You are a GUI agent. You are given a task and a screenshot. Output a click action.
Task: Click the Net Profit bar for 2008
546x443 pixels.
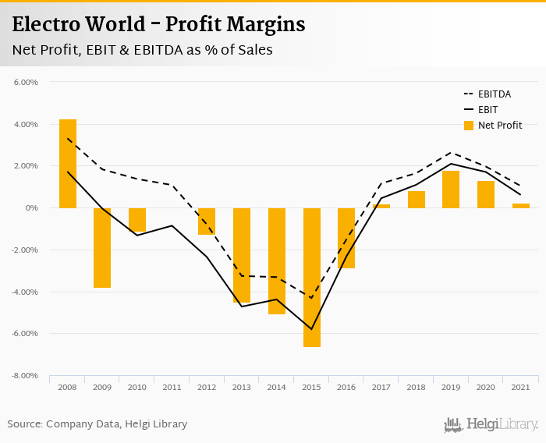(x=68, y=164)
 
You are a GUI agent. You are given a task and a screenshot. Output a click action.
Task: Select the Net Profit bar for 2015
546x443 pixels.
(x=312, y=277)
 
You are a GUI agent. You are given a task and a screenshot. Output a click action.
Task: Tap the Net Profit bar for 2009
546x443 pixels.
(x=102, y=248)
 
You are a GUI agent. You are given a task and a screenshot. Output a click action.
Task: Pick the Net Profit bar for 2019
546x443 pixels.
(x=451, y=190)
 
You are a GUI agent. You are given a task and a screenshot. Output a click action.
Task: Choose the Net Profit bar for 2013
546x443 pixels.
(x=242, y=255)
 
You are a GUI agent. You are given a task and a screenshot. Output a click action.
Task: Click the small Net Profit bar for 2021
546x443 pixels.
(x=521, y=206)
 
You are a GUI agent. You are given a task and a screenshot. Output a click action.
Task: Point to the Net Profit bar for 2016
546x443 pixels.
(x=346, y=238)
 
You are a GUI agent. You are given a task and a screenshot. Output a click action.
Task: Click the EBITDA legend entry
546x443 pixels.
(x=494, y=94)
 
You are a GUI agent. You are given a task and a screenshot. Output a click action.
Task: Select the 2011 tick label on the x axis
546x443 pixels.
(x=172, y=388)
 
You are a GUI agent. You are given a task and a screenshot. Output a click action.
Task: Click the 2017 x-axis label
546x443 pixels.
(x=381, y=388)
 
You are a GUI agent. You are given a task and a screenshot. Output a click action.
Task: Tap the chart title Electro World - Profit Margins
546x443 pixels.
(x=158, y=24)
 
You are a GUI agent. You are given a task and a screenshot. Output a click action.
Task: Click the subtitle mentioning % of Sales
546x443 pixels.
(x=142, y=50)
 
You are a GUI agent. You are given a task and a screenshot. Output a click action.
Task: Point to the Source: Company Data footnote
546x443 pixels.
(x=97, y=424)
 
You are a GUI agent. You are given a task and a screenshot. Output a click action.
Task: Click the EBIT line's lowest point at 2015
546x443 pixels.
(x=312, y=329)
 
